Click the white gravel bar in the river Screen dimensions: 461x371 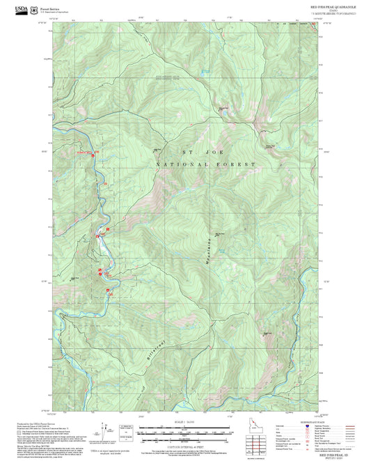103,244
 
